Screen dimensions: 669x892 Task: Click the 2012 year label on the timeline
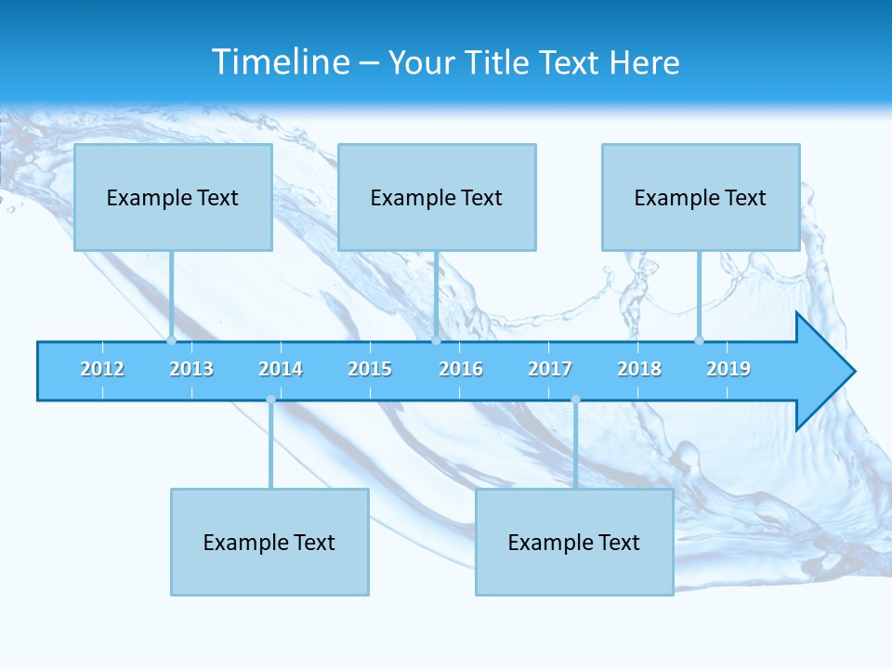tap(102, 369)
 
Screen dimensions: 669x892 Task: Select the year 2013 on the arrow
tap(191, 369)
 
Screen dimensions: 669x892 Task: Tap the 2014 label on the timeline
tap(281, 369)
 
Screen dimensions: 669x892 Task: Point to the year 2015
tap(370, 369)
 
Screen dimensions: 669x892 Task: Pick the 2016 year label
tap(461, 369)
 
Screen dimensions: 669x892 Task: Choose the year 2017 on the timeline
tap(550, 369)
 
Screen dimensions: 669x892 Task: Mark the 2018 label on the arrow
tap(639, 369)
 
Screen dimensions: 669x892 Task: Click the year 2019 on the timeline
tap(728, 369)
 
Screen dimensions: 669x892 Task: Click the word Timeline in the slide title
tap(281, 62)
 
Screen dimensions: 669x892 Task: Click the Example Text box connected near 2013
tap(173, 197)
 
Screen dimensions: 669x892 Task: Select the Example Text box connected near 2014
tap(269, 542)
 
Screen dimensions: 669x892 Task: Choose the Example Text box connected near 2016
tap(437, 197)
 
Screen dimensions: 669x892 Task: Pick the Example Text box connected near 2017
tap(574, 542)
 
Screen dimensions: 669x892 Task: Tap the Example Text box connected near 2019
tap(701, 197)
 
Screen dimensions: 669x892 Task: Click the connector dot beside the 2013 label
tap(171, 340)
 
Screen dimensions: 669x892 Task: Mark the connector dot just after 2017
tap(575, 400)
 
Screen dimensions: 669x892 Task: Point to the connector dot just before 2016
tap(436, 340)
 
